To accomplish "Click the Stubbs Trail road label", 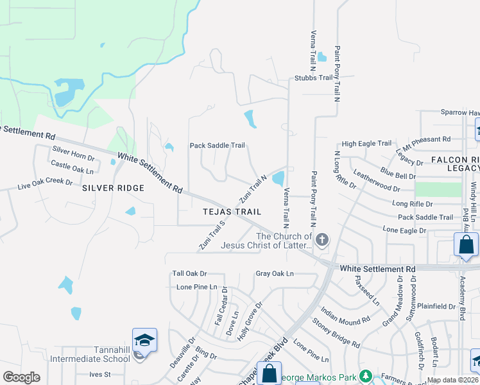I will (x=313, y=78).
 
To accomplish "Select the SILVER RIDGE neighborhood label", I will (x=113, y=187).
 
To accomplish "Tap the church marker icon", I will (x=322, y=241).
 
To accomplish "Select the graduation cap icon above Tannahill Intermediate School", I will (x=144, y=339).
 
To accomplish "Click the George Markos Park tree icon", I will (x=366, y=375).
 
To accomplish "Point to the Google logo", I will (x=22, y=377).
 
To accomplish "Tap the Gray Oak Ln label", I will (x=274, y=273).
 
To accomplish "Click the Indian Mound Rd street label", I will (x=346, y=311).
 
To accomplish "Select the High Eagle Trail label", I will (x=366, y=144).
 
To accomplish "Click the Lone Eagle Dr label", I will (x=404, y=230).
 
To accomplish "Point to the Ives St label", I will (x=100, y=374).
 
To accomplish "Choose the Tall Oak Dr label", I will (x=189, y=273).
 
